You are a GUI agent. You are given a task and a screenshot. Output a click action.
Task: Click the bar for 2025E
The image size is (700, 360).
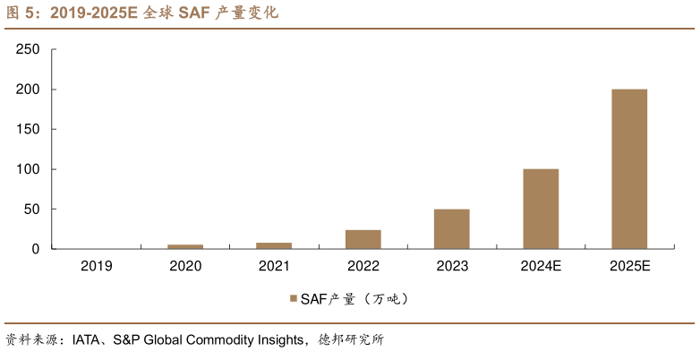629,168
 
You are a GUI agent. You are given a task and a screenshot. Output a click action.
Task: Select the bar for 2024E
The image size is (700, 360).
541,209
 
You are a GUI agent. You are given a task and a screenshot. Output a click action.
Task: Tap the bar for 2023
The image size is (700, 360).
452,228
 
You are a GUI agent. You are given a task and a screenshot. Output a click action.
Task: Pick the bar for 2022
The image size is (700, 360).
363,239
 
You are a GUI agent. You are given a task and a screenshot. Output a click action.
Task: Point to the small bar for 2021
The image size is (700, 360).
274,245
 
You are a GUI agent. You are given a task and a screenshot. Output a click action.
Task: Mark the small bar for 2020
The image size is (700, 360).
185,246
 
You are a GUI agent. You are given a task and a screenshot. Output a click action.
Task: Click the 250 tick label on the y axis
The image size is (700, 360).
29,50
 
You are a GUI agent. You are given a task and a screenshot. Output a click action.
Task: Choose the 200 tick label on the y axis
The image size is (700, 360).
29,90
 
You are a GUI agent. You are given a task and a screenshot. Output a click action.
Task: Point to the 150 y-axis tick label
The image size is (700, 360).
29,130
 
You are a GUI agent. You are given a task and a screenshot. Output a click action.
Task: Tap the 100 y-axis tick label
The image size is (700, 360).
29,169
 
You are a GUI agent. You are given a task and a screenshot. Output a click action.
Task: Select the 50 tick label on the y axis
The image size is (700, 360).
32,210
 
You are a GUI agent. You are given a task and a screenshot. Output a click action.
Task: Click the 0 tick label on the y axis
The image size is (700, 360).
36,249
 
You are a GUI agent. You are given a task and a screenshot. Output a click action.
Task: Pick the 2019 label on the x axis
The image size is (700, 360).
97,266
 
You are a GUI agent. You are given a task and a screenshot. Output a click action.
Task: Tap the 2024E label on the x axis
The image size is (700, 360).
541,266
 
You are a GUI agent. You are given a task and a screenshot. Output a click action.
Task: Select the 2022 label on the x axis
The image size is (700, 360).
363,266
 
